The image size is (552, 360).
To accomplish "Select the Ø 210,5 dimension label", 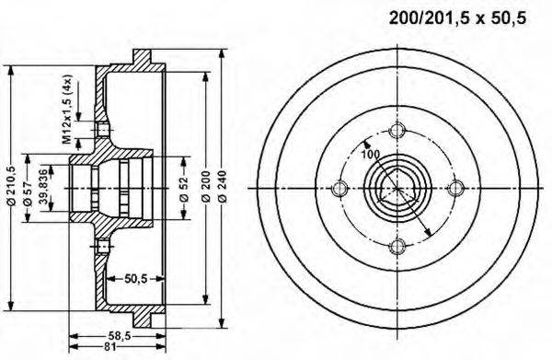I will point(11,189).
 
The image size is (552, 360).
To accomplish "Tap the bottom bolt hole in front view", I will point(397,246).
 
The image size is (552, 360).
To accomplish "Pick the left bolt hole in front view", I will point(339,189).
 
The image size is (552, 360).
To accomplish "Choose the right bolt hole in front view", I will point(454,189).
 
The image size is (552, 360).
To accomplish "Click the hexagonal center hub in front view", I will point(397,189).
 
